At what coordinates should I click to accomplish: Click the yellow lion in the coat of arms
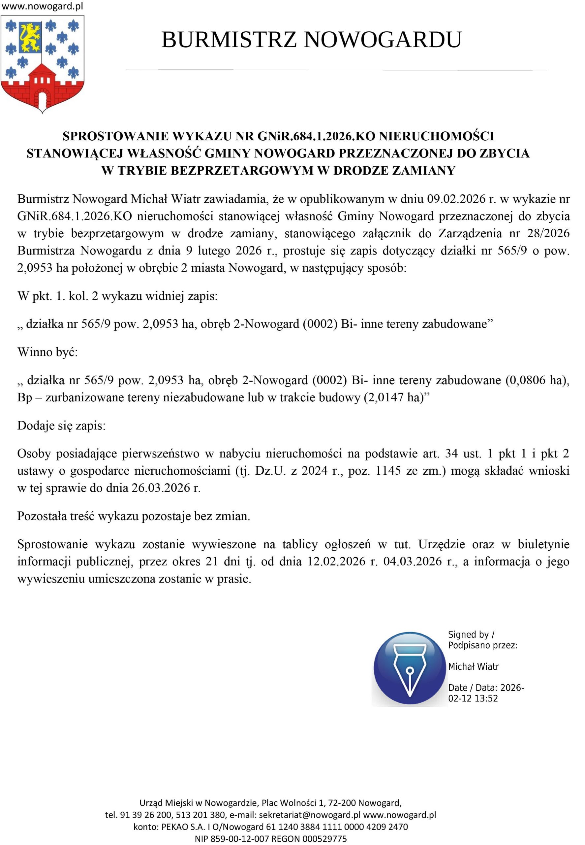click(30, 37)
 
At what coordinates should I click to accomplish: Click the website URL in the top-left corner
click(43, 6)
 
